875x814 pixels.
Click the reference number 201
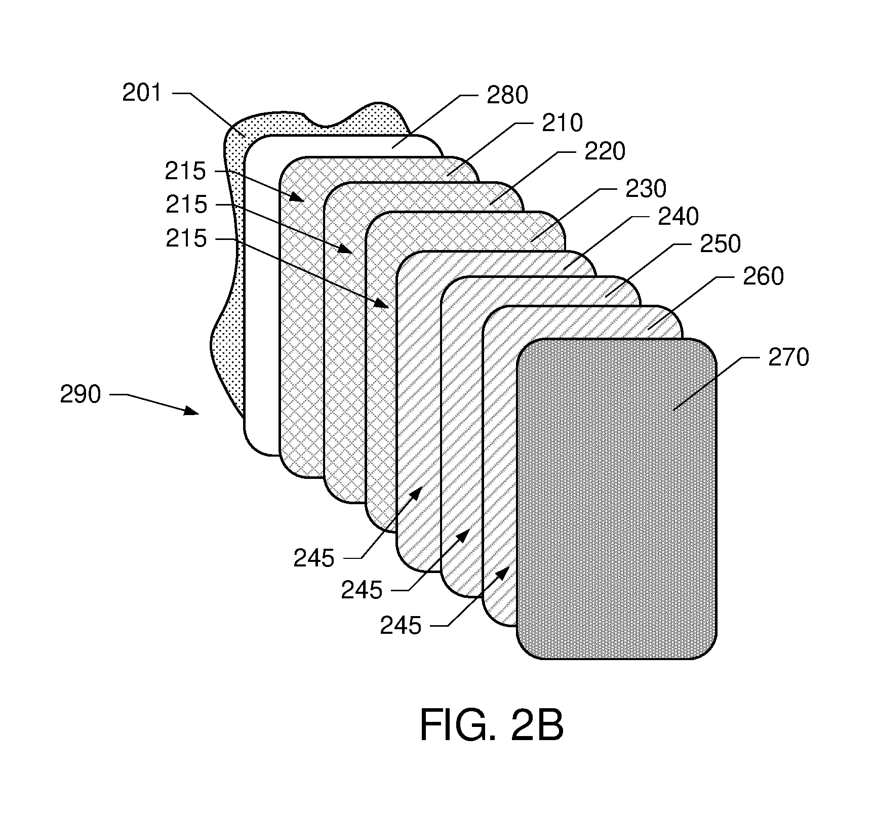[x=142, y=93]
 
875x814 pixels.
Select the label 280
[x=507, y=95]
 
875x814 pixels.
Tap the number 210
[x=563, y=123]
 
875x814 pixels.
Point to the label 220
[x=605, y=151]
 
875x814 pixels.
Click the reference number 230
[x=647, y=189]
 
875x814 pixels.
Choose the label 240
[x=679, y=217]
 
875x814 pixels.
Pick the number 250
[x=721, y=244]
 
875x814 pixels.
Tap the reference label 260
[x=763, y=276]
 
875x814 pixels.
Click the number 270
[x=788, y=357]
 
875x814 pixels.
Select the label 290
[x=81, y=394]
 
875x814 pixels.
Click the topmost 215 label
[x=185, y=172]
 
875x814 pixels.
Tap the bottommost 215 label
[x=186, y=238]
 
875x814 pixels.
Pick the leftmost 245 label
[x=314, y=558]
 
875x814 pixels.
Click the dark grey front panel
[x=617, y=499]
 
